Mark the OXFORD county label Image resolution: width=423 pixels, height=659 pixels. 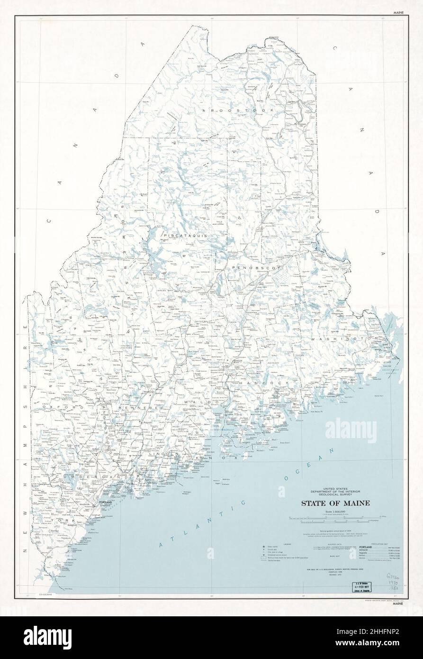click(58, 407)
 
